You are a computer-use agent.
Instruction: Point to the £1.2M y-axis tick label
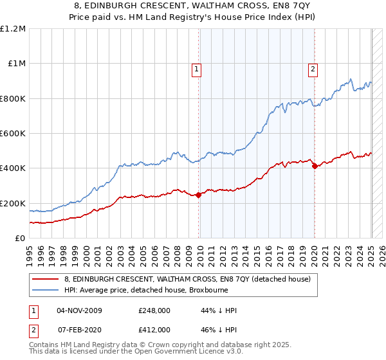pyautogui.click(x=13, y=29)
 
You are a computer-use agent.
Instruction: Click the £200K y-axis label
pyautogui.click(x=13, y=203)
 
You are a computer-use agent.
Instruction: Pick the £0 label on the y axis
pyautogui.click(x=21, y=238)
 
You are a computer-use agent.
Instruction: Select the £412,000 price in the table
pyautogui.click(x=154, y=329)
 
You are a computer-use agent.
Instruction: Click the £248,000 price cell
pyautogui.click(x=154, y=310)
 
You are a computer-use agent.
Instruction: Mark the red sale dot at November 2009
pyautogui.click(x=198, y=195)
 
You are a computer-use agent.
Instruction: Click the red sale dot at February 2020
pyautogui.click(x=315, y=166)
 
